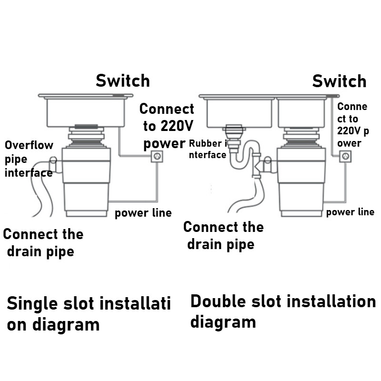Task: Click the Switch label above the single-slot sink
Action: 123,80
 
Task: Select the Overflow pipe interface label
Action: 29,159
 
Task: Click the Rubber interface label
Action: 208,149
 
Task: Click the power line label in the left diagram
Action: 143,213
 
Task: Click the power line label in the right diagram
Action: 350,212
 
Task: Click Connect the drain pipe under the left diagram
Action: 43,242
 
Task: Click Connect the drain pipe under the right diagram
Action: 223,235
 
